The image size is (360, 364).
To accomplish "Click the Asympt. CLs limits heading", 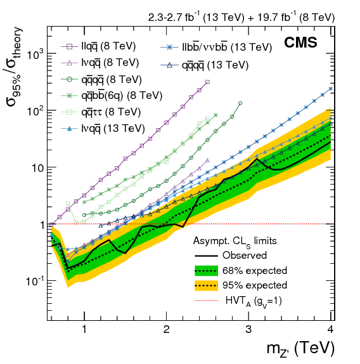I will [x=235, y=242].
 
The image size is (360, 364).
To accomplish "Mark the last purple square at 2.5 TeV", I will [x=208, y=82].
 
